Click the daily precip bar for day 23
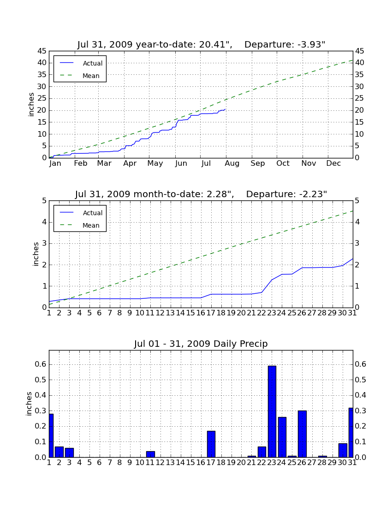point(272,411)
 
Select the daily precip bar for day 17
point(211,444)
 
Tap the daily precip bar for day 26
point(303,434)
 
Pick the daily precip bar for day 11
point(150,454)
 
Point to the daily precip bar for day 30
point(343,450)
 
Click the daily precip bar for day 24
point(282,437)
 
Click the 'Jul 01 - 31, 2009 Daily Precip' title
point(201,344)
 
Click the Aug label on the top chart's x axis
point(232,163)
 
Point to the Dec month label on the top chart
point(333,163)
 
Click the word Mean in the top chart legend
point(91,76)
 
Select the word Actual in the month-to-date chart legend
point(93,213)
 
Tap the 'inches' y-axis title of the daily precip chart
point(29,404)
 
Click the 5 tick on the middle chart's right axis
point(357,200)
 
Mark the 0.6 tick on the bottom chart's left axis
point(41,364)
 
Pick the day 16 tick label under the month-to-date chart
point(201,313)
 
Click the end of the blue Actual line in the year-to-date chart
point(225,109)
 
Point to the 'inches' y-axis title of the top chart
point(31,104)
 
